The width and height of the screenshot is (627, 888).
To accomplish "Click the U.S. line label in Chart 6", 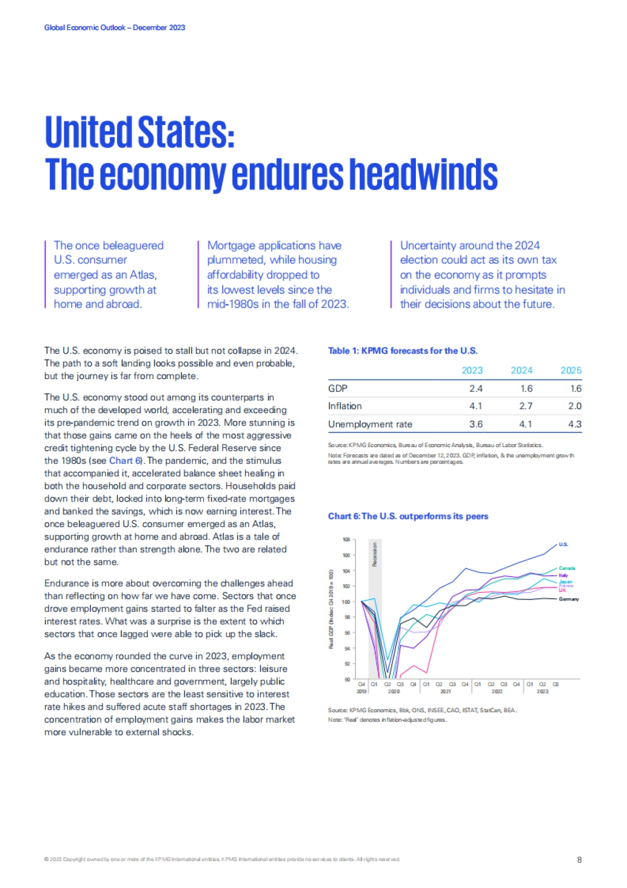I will (563, 544).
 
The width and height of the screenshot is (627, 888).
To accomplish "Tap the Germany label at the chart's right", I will (568, 599).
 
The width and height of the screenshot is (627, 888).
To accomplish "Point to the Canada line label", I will (567, 568).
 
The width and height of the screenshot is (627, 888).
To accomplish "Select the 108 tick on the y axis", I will (346, 539).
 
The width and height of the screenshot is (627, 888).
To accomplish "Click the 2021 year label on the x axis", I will (445, 691).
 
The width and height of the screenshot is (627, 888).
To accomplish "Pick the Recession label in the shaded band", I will (375, 554).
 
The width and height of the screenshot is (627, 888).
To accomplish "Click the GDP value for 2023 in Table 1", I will (475, 389).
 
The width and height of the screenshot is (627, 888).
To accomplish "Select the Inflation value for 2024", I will (526, 406).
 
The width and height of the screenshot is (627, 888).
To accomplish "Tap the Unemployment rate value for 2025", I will (574, 424).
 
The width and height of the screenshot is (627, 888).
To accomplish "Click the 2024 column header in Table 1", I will (521, 370).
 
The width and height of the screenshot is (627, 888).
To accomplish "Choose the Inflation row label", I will (345, 406).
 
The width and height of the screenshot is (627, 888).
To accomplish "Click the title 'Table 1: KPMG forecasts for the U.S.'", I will (402, 351).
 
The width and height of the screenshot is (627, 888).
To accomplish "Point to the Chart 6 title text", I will (408, 516).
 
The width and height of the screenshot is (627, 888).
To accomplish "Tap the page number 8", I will (579, 860).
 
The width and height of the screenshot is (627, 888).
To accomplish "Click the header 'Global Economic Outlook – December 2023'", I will (114, 28).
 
